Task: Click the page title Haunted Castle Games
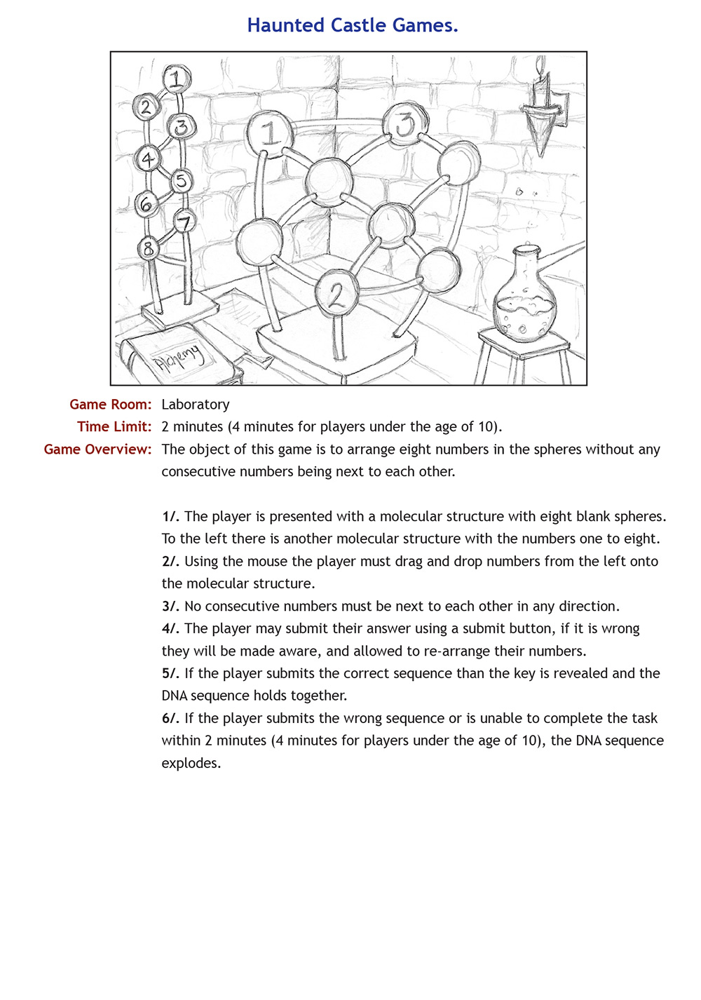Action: [352, 26]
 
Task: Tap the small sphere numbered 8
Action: [148, 248]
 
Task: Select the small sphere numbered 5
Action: [181, 181]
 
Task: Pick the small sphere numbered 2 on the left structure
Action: [146, 107]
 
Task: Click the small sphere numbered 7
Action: [184, 223]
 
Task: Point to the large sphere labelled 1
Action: [269, 132]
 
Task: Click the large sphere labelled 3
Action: [405, 124]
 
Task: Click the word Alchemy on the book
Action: [180, 358]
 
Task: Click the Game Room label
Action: [110, 405]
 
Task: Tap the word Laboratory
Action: [196, 405]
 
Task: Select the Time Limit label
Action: [114, 427]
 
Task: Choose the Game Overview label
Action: [97, 450]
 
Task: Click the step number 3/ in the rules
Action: [170, 607]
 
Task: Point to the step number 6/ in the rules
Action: [170, 719]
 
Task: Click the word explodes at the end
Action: [191, 764]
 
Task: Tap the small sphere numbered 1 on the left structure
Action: [178, 79]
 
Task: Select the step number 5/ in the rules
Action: [170, 674]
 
